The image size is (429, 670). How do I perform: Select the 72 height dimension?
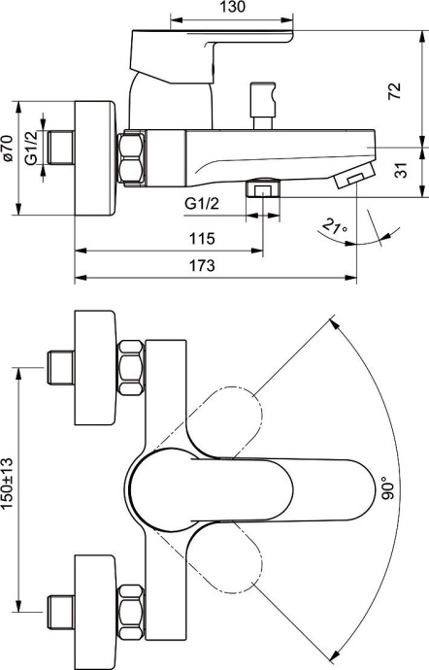click(x=394, y=92)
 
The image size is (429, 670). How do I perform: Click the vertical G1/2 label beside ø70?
click(x=31, y=147)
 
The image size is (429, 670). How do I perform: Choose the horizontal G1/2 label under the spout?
click(x=202, y=203)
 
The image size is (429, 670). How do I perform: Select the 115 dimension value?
click(x=201, y=237)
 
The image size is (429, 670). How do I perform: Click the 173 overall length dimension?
click(x=201, y=265)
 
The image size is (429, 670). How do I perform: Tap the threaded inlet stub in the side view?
click(x=61, y=148)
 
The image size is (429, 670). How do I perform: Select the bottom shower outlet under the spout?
click(x=259, y=186)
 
